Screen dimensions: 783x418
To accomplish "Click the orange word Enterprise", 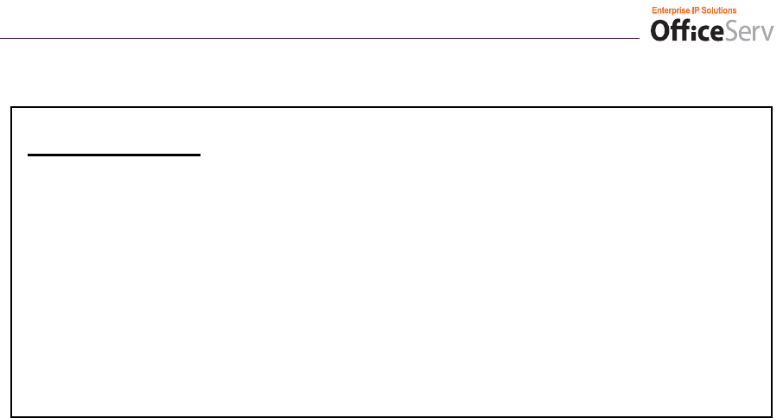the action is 671,9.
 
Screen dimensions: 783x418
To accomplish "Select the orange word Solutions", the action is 720,9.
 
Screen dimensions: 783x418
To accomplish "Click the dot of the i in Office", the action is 691,22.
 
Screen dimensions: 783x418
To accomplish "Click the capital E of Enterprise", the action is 653,9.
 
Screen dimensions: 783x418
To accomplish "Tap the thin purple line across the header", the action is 320,38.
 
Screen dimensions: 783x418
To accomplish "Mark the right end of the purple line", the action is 638,38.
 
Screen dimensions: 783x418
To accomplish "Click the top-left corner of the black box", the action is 12,108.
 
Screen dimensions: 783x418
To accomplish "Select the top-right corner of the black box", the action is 770,108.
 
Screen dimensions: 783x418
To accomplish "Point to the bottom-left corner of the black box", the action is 12,416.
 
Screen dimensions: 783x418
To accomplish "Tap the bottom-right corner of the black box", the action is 770,416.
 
